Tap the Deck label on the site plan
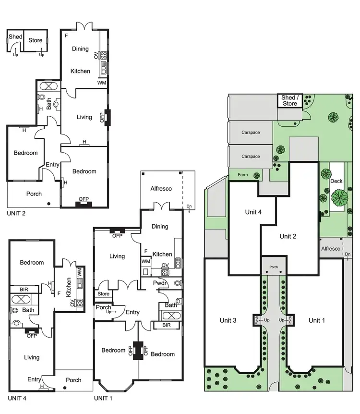pos(336,181)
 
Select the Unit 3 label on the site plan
pos(228,320)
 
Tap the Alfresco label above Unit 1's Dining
pos(161,189)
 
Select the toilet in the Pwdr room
pos(178,284)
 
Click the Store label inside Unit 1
pos(103,294)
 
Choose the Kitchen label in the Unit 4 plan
pos(70,288)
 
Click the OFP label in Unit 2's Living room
pos(102,117)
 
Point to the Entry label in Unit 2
pos(52,165)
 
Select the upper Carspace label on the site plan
pos(251,132)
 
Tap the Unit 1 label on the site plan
pos(317,320)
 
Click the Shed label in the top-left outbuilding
pos(15,37)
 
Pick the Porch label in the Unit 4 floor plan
pos(73,380)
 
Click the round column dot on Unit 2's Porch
pos(49,204)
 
